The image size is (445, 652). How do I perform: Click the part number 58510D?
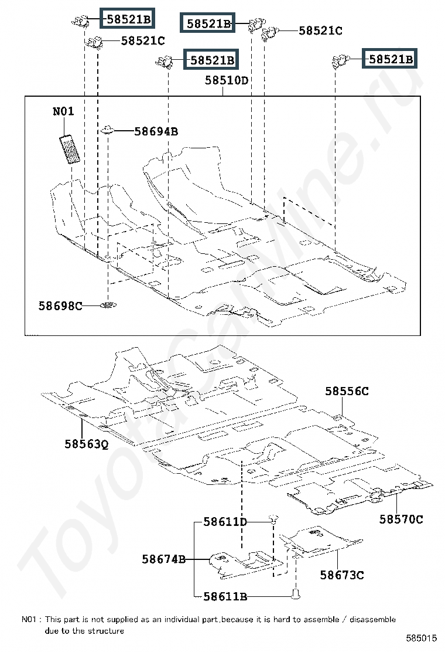point(226,80)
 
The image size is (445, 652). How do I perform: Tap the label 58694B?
point(156,131)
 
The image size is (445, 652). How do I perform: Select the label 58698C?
point(61,306)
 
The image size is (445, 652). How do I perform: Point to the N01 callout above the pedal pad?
point(63,111)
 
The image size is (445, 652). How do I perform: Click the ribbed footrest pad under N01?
point(70,149)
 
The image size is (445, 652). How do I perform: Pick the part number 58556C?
point(347,391)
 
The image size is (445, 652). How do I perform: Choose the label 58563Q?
point(86,444)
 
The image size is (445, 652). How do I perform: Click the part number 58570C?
point(401,519)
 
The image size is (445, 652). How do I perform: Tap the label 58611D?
point(225,522)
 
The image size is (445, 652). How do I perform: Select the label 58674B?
point(163,559)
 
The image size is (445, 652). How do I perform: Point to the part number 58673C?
point(341,575)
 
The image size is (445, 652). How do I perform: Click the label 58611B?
point(225,597)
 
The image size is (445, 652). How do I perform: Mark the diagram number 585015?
point(421,638)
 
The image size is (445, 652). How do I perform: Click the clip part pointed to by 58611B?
point(296,593)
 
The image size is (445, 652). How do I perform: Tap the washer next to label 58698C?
point(108,305)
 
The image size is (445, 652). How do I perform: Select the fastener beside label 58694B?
point(108,131)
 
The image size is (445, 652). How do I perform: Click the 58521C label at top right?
point(320,30)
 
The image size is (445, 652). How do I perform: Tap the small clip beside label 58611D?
point(273,518)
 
